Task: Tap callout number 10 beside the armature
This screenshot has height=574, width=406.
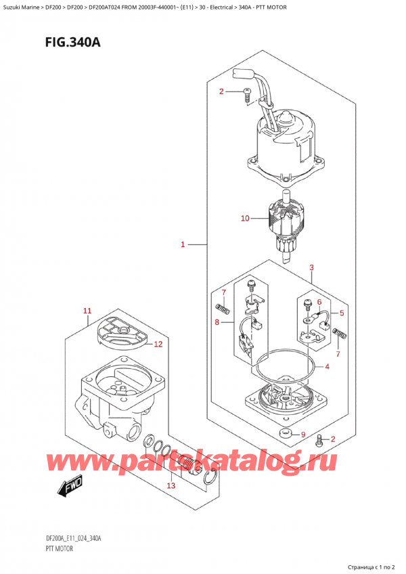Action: [x=245, y=218]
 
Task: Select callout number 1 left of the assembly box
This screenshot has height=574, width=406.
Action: [x=182, y=244]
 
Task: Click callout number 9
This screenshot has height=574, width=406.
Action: [x=303, y=434]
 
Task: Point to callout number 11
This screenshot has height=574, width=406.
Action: [x=87, y=311]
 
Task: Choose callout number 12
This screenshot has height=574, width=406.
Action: [x=158, y=344]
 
